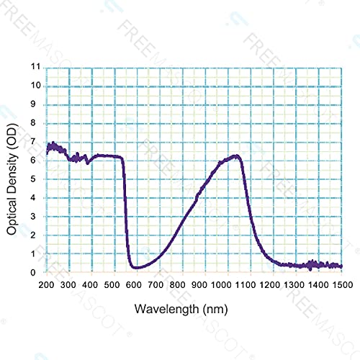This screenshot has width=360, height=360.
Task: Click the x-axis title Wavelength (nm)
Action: (194, 309)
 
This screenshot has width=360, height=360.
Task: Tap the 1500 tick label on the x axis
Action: (341, 286)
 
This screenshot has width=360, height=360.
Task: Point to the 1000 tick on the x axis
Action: (228, 286)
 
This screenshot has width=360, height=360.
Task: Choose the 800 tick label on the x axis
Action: (183, 286)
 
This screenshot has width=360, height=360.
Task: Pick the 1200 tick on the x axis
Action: (274, 286)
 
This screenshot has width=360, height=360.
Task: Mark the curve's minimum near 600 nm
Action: (137, 267)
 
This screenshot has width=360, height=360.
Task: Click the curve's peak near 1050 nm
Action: (236, 156)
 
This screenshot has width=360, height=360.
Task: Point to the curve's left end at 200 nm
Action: (48, 151)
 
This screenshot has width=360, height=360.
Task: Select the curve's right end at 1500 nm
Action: (341, 266)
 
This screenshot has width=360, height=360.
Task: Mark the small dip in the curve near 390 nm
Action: (88, 163)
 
